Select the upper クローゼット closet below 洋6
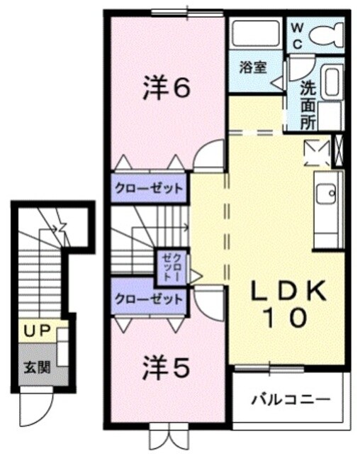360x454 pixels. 149,188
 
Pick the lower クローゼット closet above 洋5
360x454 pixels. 149,299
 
